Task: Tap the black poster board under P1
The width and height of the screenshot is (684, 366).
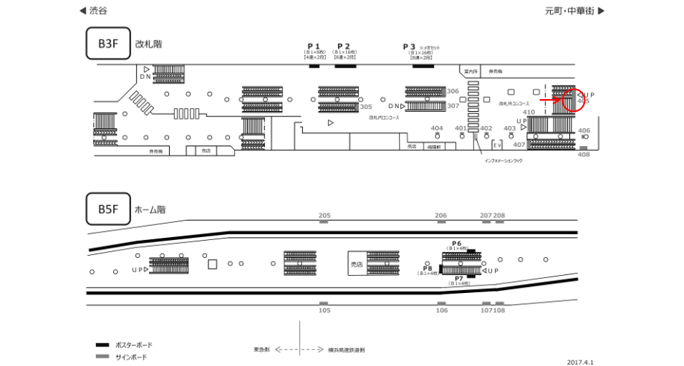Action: coord(313,66)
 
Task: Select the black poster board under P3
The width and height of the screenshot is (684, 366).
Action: coord(422,66)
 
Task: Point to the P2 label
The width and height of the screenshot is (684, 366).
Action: coord(343,46)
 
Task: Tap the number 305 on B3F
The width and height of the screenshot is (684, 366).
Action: coord(365,107)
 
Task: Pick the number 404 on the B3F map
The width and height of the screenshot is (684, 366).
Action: coord(437,128)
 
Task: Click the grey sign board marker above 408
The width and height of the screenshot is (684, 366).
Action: coord(584,148)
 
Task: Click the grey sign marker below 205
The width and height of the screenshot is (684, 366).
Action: coord(324,222)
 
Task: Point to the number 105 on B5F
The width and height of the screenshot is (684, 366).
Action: coord(324,309)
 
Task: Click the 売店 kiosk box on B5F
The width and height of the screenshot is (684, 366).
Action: coord(357,264)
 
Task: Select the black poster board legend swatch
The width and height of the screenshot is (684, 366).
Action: coord(103,345)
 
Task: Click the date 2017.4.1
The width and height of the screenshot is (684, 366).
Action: coord(581,362)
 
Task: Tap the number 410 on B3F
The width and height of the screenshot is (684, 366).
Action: coord(528,113)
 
